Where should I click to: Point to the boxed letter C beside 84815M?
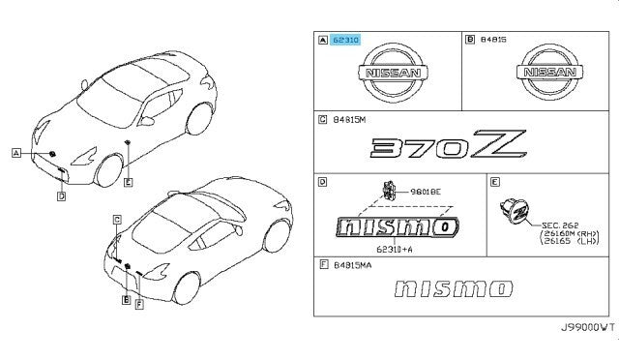321,121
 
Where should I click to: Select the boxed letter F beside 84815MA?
321,262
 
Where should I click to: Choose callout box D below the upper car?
61,196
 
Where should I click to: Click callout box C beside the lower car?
115,219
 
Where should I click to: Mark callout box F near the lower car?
139,304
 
